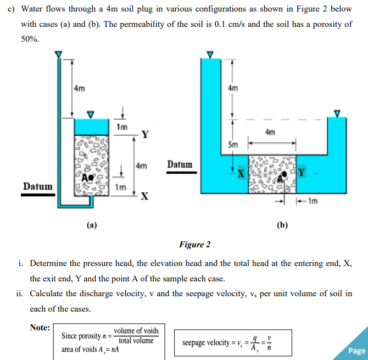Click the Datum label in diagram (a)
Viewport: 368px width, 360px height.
tap(37, 187)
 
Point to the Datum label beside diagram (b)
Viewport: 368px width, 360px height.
tap(180, 164)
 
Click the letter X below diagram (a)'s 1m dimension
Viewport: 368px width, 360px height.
tap(144, 197)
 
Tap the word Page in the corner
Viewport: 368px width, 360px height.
tap(356, 351)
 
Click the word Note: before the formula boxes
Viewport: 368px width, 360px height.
tap(40, 328)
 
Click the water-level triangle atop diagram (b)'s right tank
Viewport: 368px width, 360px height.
tap(338, 113)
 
